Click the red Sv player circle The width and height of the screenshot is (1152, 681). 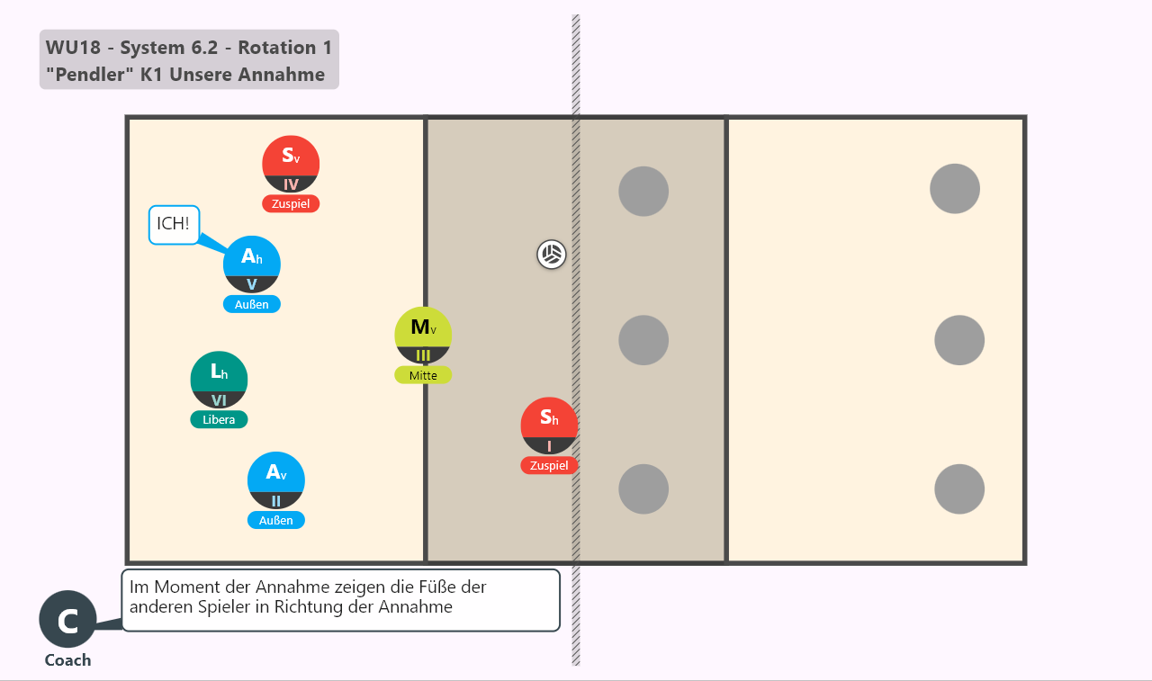[291, 164]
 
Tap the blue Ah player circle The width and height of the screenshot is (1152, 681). [251, 264]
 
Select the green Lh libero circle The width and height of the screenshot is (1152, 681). [219, 380]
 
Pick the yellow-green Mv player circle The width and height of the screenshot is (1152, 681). [423, 336]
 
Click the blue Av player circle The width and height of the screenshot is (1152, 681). [275, 480]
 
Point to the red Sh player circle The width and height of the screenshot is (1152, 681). [549, 426]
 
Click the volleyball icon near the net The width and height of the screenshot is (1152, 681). [552, 254]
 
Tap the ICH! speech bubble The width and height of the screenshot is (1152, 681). [174, 225]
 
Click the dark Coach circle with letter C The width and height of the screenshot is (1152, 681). [67, 619]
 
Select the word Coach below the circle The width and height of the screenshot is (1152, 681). [67, 660]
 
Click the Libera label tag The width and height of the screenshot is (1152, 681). [219, 419]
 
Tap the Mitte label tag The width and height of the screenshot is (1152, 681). [423, 375]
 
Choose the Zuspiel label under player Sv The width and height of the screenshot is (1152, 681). [291, 203]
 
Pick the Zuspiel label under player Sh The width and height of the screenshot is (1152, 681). [549, 465]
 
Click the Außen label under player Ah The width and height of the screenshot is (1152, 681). [251, 304]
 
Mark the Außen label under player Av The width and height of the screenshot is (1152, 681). [275, 520]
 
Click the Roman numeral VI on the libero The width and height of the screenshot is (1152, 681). [219, 400]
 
